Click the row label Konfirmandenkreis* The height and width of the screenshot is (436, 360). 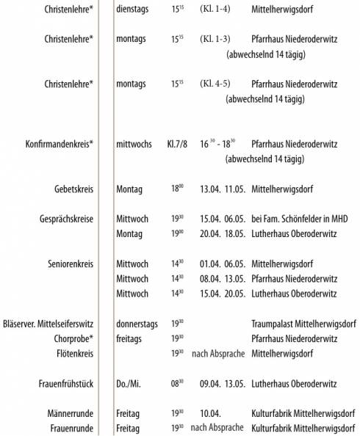(60, 144)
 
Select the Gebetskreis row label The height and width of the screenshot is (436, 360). (72, 189)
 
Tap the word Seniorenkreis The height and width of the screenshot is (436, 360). (69, 264)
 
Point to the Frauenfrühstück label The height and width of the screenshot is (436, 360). (65, 383)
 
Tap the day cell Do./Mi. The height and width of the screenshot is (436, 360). (132, 383)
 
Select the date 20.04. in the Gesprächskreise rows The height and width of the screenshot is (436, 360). (212, 234)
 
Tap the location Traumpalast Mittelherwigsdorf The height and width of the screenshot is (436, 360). (303, 324)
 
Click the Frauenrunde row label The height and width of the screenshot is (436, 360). (71, 428)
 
